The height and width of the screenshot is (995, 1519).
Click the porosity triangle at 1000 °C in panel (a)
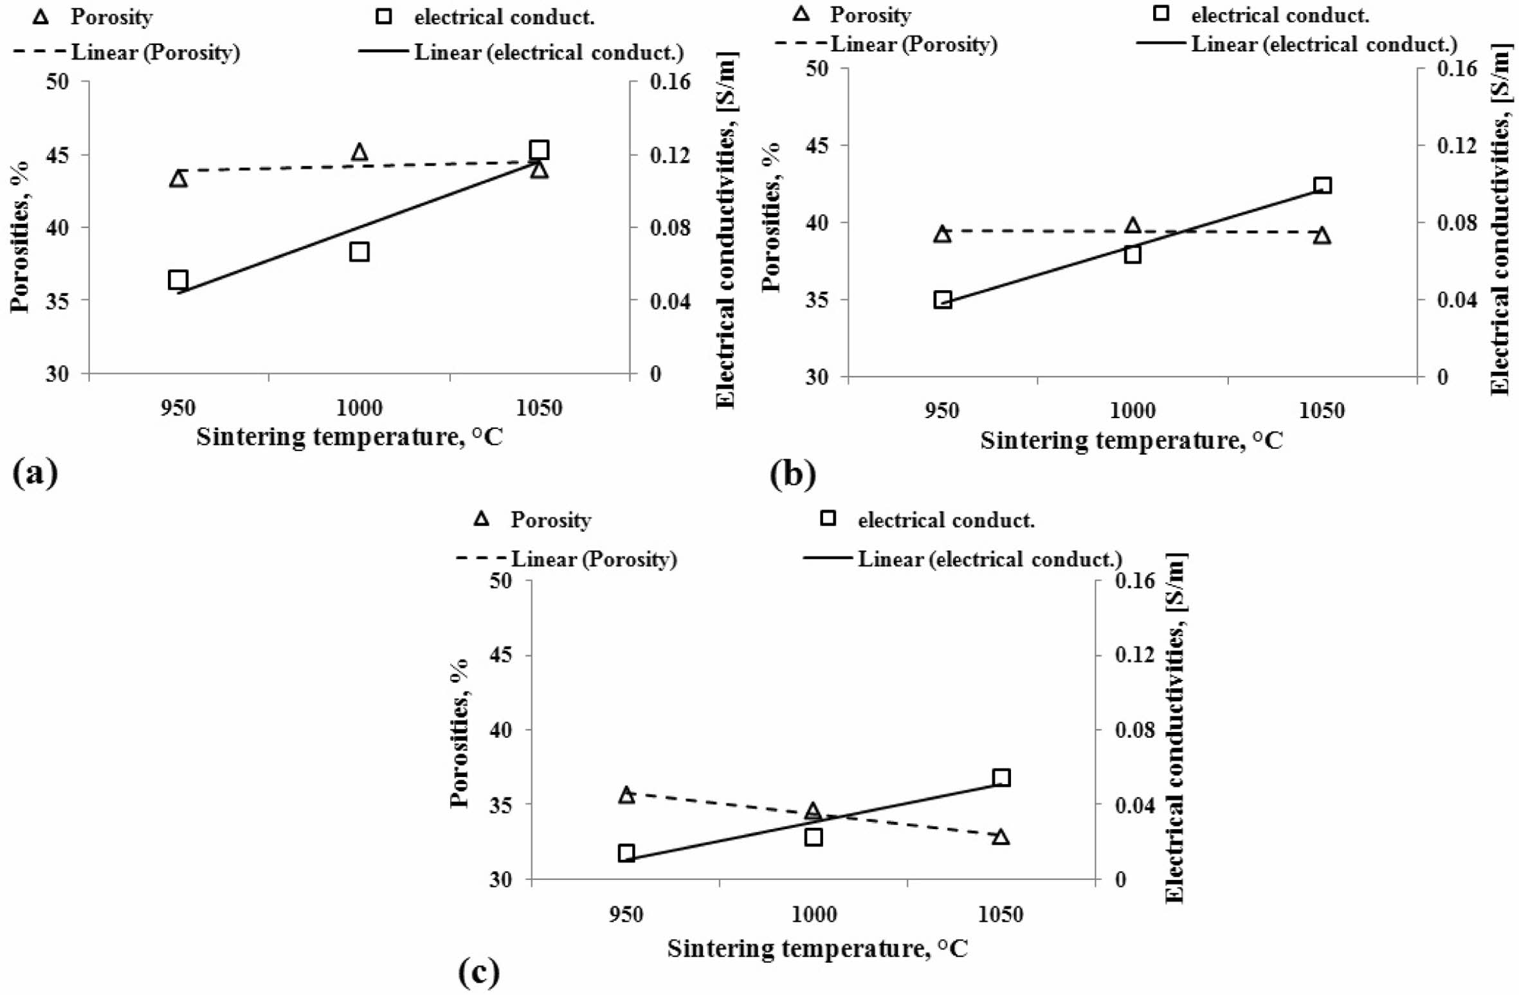tap(359, 152)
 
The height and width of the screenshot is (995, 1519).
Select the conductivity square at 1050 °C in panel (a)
tap(539, 151)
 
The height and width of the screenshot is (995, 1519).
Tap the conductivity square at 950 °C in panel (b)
tap(942, 300)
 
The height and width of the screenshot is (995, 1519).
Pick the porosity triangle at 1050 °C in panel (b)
tap(1322, 236)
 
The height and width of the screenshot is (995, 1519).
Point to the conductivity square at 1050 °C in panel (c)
tap(1001, 778)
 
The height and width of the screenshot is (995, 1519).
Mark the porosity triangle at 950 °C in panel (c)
tap(626, 795)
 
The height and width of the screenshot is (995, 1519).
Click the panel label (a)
tap(35, 473)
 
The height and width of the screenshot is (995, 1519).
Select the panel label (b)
tap(792, 475)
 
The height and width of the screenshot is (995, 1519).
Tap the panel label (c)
tap(478, 973)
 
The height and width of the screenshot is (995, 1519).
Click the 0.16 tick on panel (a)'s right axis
tap(669, 82)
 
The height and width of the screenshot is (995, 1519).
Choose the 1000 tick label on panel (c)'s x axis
tap(814, 914)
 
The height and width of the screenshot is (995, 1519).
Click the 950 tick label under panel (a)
tap(177, 408)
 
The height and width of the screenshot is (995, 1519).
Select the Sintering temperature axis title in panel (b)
tap(1131, 441)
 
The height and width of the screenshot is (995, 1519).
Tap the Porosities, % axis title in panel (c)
tap(459, 733)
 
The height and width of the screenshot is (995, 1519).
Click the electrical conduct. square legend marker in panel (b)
tap(1161, 14)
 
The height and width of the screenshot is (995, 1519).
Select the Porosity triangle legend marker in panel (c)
tap(481, 519)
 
